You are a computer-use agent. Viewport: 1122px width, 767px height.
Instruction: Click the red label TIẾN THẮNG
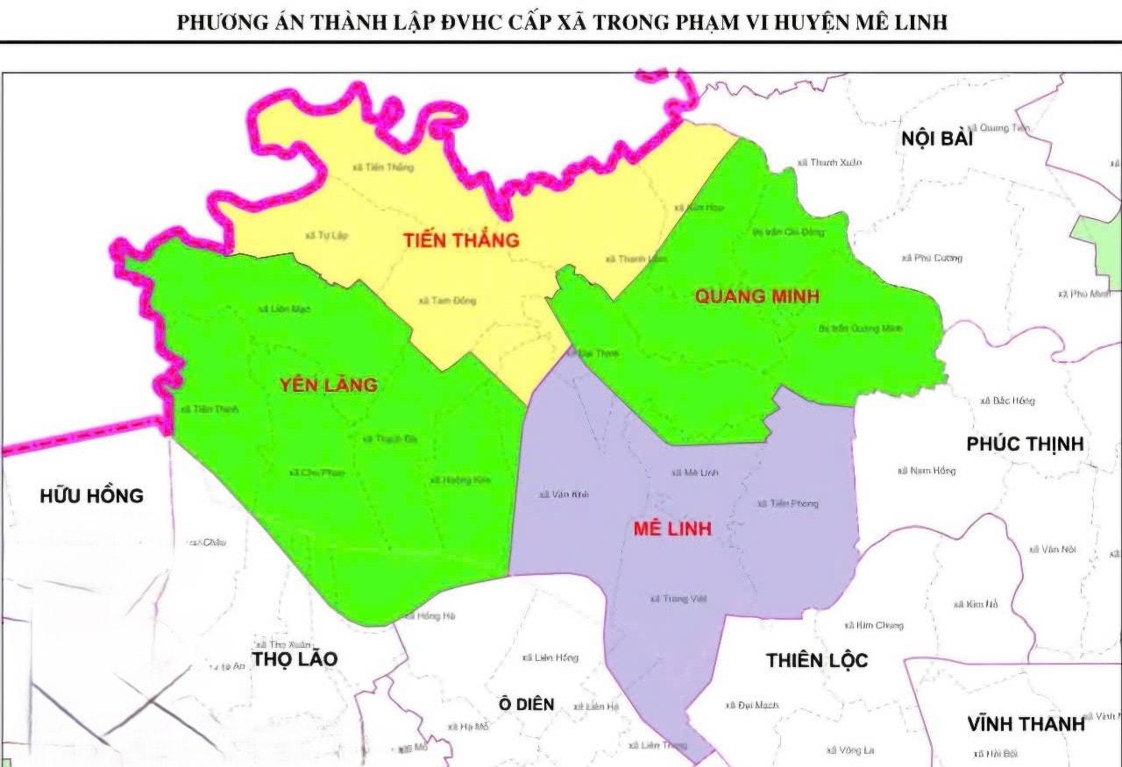(x=461, y=240)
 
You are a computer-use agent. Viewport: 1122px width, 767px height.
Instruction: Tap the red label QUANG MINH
(x=756, y=296)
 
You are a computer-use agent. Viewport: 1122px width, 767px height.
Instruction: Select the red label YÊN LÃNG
(x=329, y=385)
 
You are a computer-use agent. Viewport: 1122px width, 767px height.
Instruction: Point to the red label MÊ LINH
(x=672, y=529)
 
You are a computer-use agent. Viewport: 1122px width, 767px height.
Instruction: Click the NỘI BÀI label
(x=937, y=138)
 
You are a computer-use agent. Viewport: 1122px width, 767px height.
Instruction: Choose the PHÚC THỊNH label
(x=1025, y=444)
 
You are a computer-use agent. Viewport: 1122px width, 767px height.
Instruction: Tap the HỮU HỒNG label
(x=91, y=496)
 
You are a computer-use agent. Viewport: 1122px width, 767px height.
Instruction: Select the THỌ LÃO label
(x=295, y=659)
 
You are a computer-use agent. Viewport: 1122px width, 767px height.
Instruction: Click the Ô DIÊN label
(x=526, y=704)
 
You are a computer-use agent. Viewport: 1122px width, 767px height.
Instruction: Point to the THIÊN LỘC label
(x=817, y=660)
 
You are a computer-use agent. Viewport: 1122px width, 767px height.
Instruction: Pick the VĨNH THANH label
(x=1026, y=725)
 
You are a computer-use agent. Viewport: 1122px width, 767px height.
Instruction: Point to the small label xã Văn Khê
(x=565, y=495)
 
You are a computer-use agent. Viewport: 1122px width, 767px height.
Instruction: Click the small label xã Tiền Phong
(x=787, y=504)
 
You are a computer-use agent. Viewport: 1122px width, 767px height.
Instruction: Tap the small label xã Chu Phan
(x=316, y=472)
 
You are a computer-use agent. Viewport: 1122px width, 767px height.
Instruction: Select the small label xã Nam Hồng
(x=927, y=472)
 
